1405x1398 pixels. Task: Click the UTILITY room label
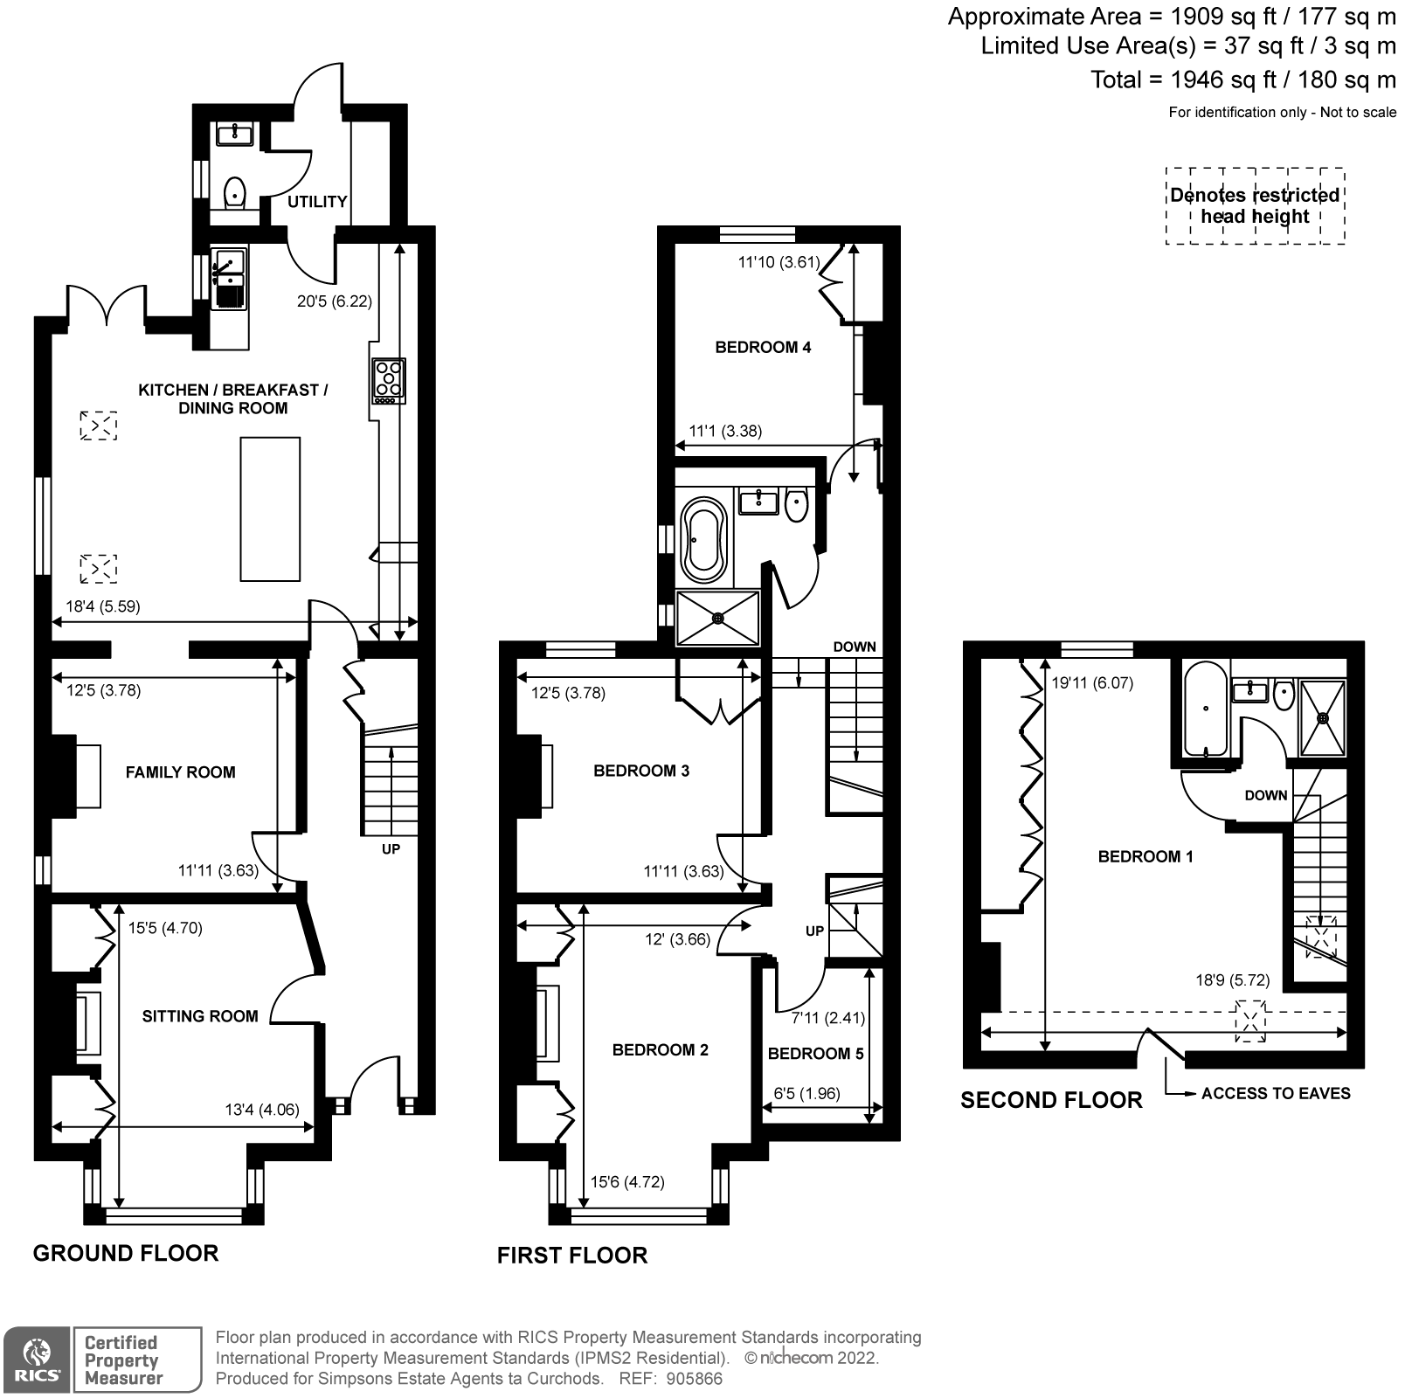point(317,202)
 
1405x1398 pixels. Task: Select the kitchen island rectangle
point(270,509)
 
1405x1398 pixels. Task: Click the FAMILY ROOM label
point(180,772)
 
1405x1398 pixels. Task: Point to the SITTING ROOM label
point(200,1016)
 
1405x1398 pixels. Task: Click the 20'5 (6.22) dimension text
point(335,301)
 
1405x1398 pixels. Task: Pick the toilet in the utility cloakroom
point(234,191)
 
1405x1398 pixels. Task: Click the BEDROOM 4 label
point(763,348)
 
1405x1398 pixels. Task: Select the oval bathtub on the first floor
point(703,541)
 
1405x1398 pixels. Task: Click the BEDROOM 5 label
point(815,1054)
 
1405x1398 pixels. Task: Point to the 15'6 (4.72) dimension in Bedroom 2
point(627,1182)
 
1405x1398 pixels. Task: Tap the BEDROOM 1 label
point(1145,857)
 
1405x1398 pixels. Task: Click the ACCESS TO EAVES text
point(1276,1093)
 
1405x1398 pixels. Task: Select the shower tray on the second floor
point(1324,717)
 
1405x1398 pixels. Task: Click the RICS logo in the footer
point(36,1360)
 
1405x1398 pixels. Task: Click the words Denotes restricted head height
point(1255,206)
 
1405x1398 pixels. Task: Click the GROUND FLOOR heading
point(126,1254)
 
